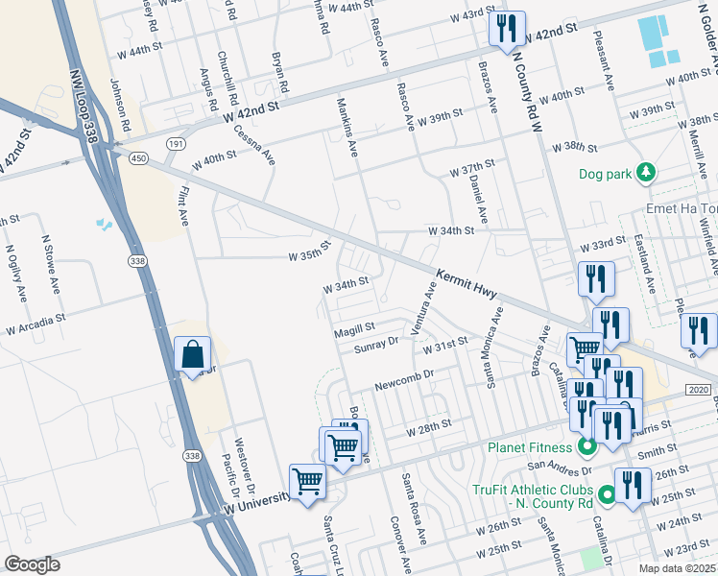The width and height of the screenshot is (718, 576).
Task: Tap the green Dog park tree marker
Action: point(648,173)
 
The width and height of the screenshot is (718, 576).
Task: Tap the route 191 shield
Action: point(175,143)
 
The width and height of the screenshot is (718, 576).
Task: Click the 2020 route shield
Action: point(699,389)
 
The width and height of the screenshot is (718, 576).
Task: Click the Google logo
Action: point(32,564)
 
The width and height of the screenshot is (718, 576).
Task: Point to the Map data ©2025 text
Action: point(677,569)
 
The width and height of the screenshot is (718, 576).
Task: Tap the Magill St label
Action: point(353,330)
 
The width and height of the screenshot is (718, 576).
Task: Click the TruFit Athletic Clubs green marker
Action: point(607,495)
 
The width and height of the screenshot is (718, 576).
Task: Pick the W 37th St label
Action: point(471,170)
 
